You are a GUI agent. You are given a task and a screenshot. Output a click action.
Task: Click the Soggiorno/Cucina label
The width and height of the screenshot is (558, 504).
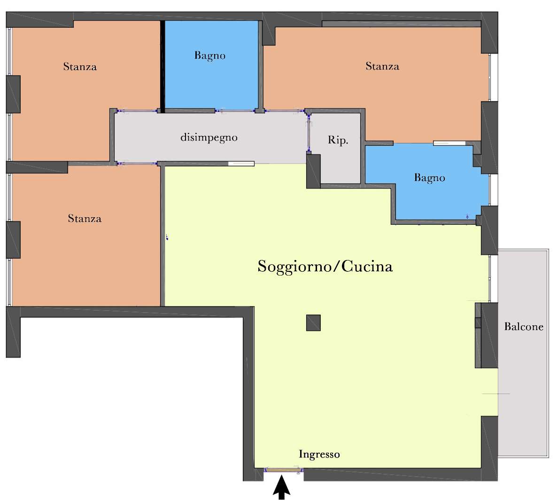pyautogui.click(x=325, y=267)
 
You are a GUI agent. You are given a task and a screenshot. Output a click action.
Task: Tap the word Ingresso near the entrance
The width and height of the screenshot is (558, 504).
pyautogui.click(x=319, y=455)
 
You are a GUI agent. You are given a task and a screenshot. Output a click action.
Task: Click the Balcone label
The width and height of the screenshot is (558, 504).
pyautogui.click(x=524, y=327)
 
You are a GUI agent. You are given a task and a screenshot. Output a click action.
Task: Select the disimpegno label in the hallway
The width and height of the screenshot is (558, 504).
pyautogui.click(x=209, y=137)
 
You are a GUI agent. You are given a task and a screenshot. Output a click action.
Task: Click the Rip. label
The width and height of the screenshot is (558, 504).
pyautogui.click(x=338, y=140)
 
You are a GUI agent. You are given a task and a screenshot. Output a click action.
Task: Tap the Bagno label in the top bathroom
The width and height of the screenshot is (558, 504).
pyautogui.click(x=209, y=55)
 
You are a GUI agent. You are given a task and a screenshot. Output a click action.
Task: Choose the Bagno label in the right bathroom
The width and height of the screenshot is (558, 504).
pyautogui.click(x=429, y=178)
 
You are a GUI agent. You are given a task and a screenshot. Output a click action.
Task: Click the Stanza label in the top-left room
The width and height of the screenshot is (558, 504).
pyautogui.click(x=80, y=67)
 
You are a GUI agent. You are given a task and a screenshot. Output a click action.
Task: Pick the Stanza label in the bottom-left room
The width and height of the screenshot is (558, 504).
pyautogui.click(x=85, y=218)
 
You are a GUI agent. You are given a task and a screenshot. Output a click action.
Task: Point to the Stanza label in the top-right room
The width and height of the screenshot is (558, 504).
pyautogui.click(x=382, y=66)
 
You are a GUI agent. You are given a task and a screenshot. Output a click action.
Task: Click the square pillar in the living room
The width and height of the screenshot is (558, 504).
pyautogui.click(x=313, y=323)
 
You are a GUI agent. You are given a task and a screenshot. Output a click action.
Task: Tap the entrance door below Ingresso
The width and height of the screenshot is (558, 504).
pyautogui.click(x=283, y=470)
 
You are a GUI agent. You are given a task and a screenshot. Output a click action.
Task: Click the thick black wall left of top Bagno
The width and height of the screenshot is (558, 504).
pyautogui.click(x=162, y=67)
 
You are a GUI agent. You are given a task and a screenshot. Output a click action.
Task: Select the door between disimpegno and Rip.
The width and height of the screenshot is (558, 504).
pyautogui.click(x=309, y=132)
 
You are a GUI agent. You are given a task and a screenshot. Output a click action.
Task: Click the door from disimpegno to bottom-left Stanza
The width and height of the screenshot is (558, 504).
pyautogui.click(x=137, y=164)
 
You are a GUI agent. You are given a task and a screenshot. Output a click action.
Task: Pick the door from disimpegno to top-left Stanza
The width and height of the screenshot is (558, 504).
pyautogui.click(x=137, y=111)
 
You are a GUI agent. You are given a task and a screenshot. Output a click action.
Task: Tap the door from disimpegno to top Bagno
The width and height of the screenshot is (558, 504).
pyautogui.click(x=235, y=111)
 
